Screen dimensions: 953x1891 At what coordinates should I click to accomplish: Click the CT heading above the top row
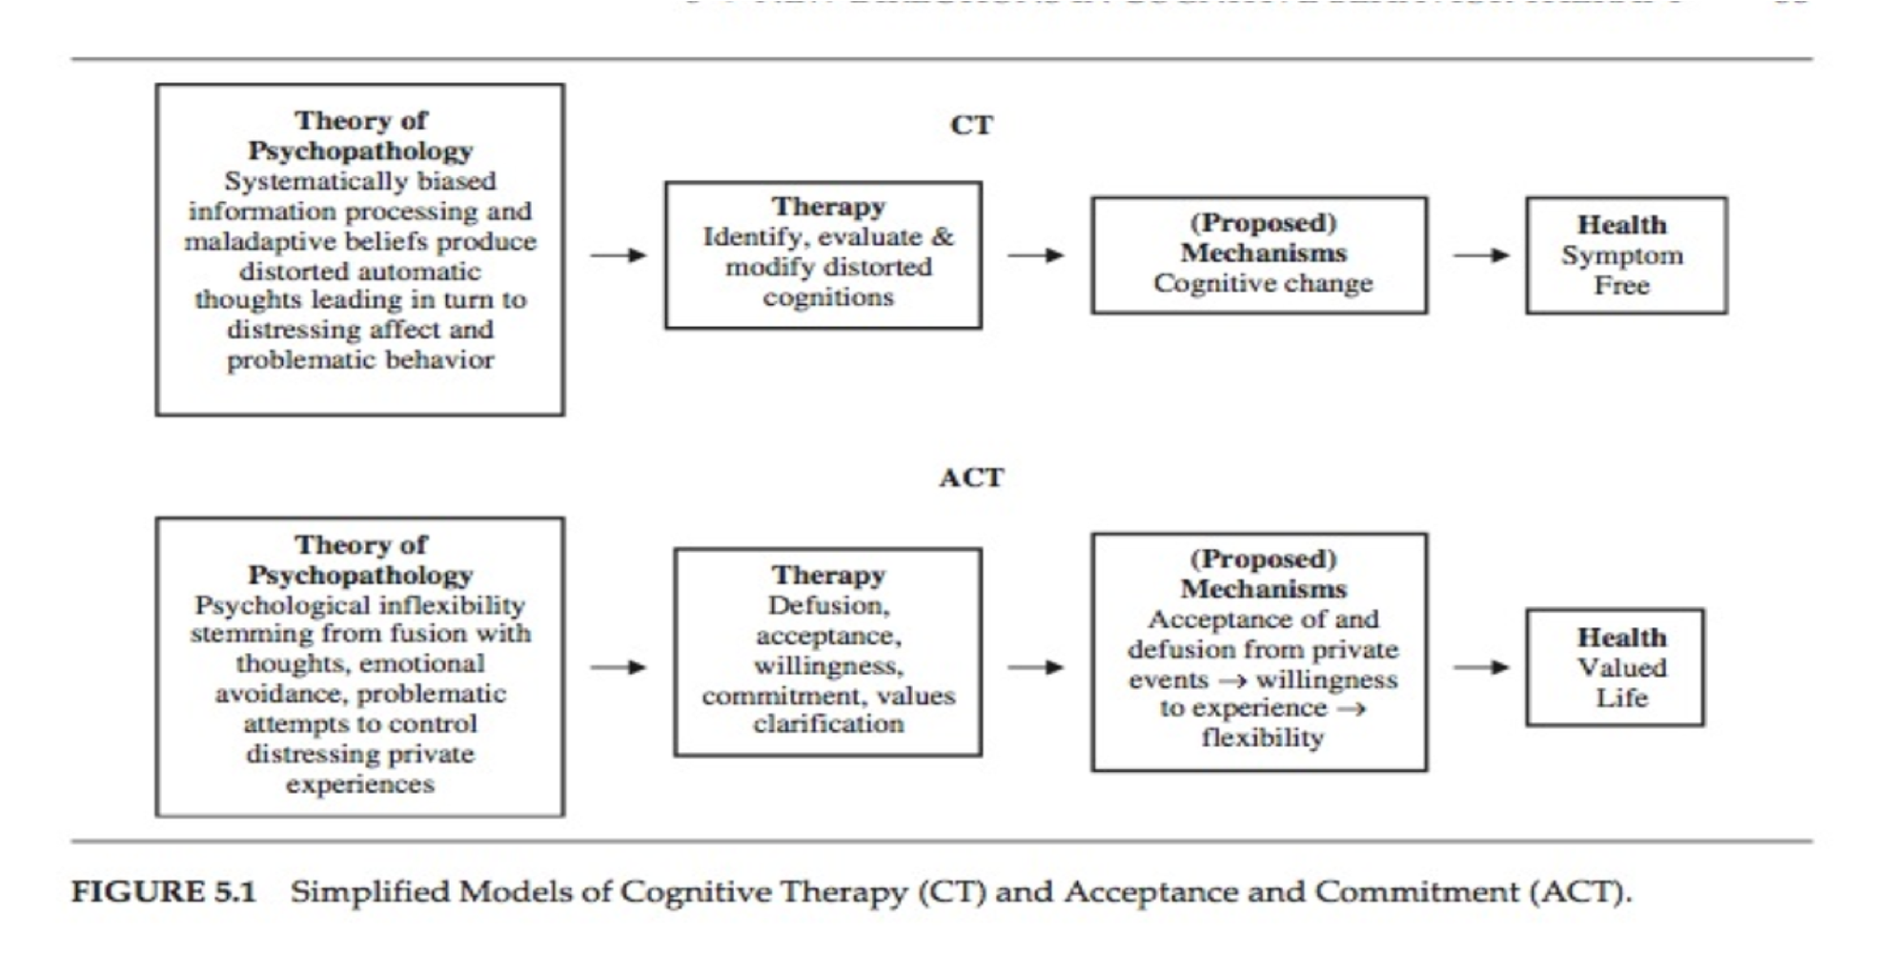pos(971,125)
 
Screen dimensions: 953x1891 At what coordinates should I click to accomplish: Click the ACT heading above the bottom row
pos(971,477)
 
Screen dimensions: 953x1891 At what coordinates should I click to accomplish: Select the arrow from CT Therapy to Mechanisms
pos(1036,255)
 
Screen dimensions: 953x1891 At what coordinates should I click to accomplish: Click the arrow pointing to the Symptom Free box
pos(1481,255)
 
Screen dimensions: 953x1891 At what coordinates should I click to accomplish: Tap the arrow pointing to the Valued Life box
pos(1481,667)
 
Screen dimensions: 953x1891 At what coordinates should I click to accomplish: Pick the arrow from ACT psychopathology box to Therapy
pos(618,667)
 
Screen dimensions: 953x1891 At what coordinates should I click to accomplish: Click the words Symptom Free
pos(1621,271)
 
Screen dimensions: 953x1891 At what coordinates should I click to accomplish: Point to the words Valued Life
pos(1621,682)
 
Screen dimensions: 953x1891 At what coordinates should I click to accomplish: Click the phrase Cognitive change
pos(1263,283)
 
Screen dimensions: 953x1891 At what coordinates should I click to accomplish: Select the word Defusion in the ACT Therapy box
pos(827,605)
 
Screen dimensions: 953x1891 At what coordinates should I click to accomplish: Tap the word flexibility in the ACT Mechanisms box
pos(1263,738)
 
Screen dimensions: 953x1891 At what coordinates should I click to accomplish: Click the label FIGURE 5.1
pos(164,892)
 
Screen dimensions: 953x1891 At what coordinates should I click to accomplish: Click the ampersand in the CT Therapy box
pos(942,236)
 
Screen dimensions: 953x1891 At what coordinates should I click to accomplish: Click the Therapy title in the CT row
pos(828,206)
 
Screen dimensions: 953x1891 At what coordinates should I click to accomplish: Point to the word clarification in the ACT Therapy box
pos(827,723)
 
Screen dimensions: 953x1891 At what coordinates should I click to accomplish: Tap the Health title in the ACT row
pos(1621,637)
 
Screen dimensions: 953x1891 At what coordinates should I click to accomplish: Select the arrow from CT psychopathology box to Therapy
pos(618,255)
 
